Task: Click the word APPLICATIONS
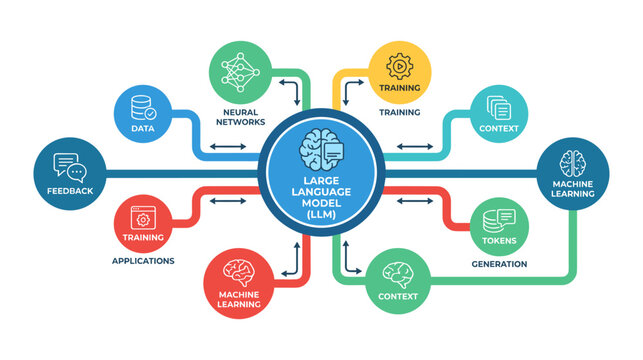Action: coord(144,261)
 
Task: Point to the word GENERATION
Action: coord(498,265)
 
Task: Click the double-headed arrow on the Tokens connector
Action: coord(413,203)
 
